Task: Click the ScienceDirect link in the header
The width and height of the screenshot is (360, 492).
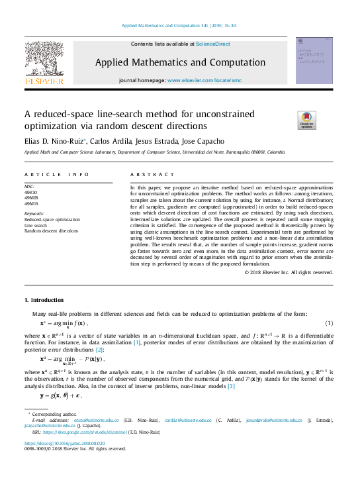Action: [213, 43]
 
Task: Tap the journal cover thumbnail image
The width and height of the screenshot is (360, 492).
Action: [314, 60]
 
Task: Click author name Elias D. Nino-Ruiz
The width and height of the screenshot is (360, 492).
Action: [50, 141]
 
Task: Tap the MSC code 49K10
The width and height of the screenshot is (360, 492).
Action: [30, 192]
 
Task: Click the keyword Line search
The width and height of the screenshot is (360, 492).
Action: [36, 225]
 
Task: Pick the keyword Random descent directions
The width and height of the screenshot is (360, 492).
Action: [51, 231]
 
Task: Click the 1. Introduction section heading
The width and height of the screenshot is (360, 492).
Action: [44, 301]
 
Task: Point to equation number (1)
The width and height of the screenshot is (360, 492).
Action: [329, 322]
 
